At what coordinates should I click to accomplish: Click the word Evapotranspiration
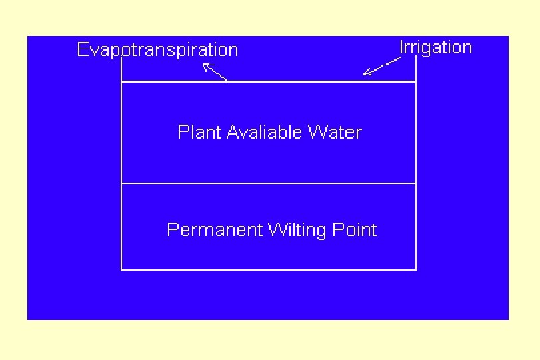[x=157, y=50]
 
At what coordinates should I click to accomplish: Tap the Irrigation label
[x=435, y=47]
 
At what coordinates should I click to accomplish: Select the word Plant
[x=199, y=132]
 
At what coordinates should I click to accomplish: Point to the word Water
[x=334, y=132]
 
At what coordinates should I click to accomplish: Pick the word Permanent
[x=215, y=230]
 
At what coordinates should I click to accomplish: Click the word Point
[x=353, y=230]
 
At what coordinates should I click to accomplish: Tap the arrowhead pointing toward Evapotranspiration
[x=205, y=65]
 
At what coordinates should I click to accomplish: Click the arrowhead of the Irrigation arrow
[x=366, y=73]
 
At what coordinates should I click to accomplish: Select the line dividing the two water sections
[x=268, y=183]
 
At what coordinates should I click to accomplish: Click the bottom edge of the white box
[x=268, y=269]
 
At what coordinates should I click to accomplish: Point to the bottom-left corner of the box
[x=121, y=269]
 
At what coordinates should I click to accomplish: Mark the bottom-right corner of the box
[x=416, y=269]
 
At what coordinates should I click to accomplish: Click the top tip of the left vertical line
[x=121, y=59]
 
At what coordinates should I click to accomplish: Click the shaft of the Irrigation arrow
[x=383, y=66]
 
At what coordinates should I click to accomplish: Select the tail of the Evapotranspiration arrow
[x=225, y=80]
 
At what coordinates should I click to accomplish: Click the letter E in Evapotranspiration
[x=82, y=50]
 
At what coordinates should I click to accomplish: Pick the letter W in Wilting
[x=275, y=230]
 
